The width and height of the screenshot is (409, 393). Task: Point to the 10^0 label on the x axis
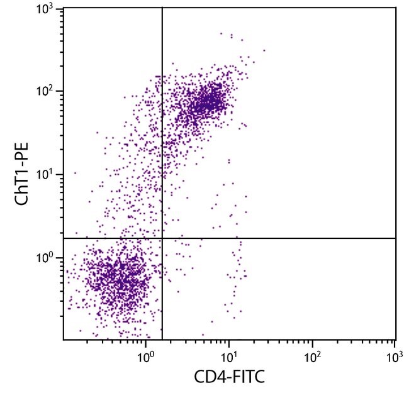pos(146,356)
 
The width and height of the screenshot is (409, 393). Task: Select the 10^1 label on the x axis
pos(229,356)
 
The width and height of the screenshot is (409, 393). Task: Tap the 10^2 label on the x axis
pos(312,356)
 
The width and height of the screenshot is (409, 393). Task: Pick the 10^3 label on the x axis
pos(395,356)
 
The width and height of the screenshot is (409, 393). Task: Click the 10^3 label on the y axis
pos(44,9)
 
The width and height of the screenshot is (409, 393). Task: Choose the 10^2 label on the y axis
pos(44,92)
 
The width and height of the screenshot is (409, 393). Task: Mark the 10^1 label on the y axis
pos(44,175)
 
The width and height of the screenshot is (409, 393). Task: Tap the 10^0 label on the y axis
pos(44,258)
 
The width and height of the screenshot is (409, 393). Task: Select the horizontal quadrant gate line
pos(283,238)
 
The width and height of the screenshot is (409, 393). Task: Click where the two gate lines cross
pos(162,238)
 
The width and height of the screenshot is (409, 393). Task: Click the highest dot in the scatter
pos(221,33)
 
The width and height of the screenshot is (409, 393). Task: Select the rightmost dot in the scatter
pos(264,50)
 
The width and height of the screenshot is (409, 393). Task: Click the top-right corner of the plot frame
pos(396,8)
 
